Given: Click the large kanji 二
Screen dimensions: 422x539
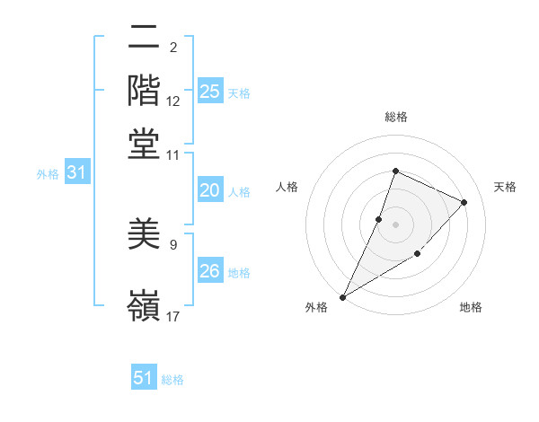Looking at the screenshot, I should (145, 38).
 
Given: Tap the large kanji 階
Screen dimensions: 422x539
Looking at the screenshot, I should (145, 90).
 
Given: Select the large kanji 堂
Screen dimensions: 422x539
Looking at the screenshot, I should (145, 143).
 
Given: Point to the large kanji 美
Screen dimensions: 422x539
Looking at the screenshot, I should (145, 235).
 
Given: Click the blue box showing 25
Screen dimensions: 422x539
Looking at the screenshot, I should (210, 91).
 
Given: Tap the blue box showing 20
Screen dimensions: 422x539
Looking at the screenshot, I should (210, 190).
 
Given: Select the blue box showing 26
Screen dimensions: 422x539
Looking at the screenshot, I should (210, 270).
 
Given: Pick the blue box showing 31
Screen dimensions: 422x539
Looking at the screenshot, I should (76, 173).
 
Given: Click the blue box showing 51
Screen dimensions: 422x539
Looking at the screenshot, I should (144, 378).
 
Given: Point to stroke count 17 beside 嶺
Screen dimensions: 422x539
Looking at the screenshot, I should (172, 315).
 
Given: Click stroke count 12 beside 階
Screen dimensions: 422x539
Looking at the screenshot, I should (173, 101).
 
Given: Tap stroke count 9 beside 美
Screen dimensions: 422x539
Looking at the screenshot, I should (173, 242).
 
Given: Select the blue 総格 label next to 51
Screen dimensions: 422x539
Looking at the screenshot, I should (172, 380).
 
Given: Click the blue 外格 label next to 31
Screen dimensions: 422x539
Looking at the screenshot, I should (48, 174).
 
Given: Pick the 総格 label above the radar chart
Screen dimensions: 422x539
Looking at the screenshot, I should (395, 117).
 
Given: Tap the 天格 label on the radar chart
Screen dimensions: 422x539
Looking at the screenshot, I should (506, 187).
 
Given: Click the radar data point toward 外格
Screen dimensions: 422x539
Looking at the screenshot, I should (343, 296).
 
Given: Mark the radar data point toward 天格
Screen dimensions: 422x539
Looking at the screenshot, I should (464, 202).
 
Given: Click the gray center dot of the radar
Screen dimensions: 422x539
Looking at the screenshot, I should (395, 224).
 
